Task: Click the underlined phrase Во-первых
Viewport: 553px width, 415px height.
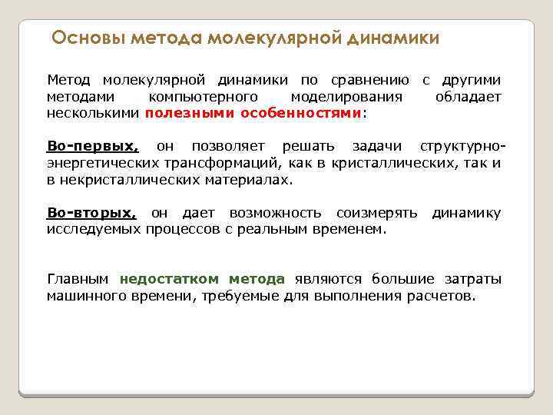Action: (92, 146)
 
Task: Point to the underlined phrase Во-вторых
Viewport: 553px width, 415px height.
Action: (91, 213)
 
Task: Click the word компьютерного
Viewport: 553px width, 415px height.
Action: (203, 97)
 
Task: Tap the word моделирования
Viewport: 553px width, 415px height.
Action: (347, 97)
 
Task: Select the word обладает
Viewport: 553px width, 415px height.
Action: (468, 97)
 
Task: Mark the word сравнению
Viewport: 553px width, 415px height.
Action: (369, 80)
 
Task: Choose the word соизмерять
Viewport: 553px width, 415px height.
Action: (376, 213)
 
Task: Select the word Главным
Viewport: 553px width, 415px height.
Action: (78, 279)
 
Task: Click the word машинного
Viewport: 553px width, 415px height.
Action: (84, 296)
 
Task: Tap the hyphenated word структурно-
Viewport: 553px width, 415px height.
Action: (463, 146)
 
